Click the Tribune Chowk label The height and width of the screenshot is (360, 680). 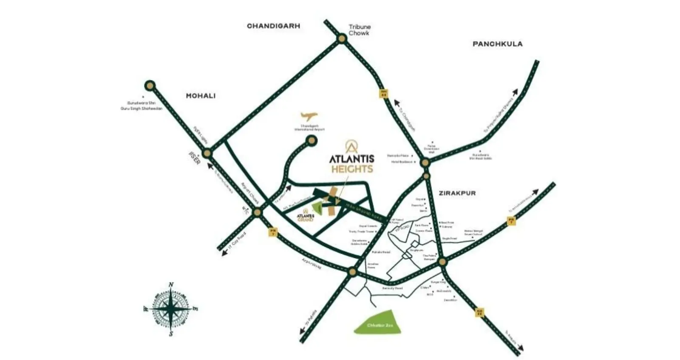pyautogui.click(x=360, y=30)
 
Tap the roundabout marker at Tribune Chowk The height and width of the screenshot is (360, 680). pyautogui.click(x=342, y=39)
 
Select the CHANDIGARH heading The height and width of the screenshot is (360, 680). pyautogui.click(x=273, y=26)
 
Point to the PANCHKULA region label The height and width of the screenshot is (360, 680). pyautogui.click(x=497, y=44)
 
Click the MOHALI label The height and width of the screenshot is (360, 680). pyautogui.click(x=201, y=96)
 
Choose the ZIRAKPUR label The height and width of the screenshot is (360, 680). pyautogui.click(x=457, y=193)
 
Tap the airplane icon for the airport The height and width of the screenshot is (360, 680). pyautogui.click(x=309, y=116)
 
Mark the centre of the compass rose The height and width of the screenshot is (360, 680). pyautogui.click(x=170, y=309)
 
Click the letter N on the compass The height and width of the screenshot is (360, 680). pyautogui.click(x=171, y=285)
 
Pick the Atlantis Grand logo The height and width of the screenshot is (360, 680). pyautogui.click(x=305, y=215)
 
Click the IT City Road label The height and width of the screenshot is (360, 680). pyautogui.click(x=237, y=241)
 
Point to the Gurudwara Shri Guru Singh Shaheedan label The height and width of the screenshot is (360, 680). pyautogui.click(x=142, y=106)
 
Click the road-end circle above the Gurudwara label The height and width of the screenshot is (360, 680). pyautogui.click(x=150, y=86)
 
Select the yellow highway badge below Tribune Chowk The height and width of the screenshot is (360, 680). pyautogui.click(x=384, y=94)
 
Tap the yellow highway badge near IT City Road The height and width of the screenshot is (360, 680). pyautogui.click(x=273, y=232)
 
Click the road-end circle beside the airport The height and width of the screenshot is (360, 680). pyautogui.click(x=312, y=140)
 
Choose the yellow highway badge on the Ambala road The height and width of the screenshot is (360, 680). pyautogui.click(x=479, y=312)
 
